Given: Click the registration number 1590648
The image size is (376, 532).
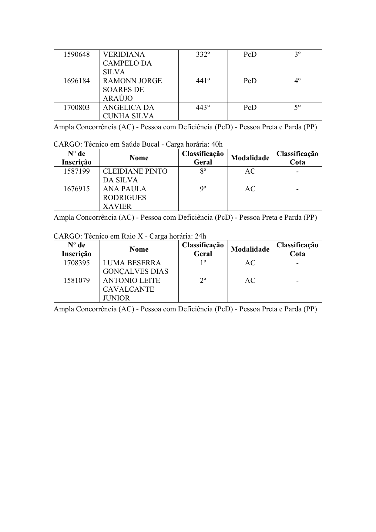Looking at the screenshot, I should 76,55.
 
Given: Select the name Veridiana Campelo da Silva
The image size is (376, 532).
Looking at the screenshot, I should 127,63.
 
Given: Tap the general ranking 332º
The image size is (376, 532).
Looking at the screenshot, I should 203,55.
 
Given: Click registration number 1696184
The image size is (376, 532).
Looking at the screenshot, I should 76,81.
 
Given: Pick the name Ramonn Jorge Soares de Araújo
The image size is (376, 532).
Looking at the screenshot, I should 132,90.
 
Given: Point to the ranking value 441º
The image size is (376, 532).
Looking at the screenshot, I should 203,81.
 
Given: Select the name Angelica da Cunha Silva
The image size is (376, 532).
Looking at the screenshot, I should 128,112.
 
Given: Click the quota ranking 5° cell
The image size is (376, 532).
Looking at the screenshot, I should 297,107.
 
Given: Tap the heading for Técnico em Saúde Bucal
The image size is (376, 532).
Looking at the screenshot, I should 138,144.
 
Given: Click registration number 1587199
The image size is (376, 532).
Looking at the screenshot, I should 76,171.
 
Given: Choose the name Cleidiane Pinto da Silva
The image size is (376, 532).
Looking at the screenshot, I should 135,175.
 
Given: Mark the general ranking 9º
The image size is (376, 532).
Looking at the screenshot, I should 203,189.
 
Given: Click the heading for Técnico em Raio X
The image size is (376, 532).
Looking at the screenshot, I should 130,236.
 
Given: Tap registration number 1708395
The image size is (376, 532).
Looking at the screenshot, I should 76,263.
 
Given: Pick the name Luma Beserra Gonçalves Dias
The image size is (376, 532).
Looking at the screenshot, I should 135,267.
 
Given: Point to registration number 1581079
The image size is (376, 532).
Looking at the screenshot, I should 76,280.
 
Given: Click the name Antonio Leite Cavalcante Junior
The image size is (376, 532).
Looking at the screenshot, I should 131,289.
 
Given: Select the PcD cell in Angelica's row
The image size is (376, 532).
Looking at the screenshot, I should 250,107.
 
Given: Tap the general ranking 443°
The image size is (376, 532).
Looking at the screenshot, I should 203,107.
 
